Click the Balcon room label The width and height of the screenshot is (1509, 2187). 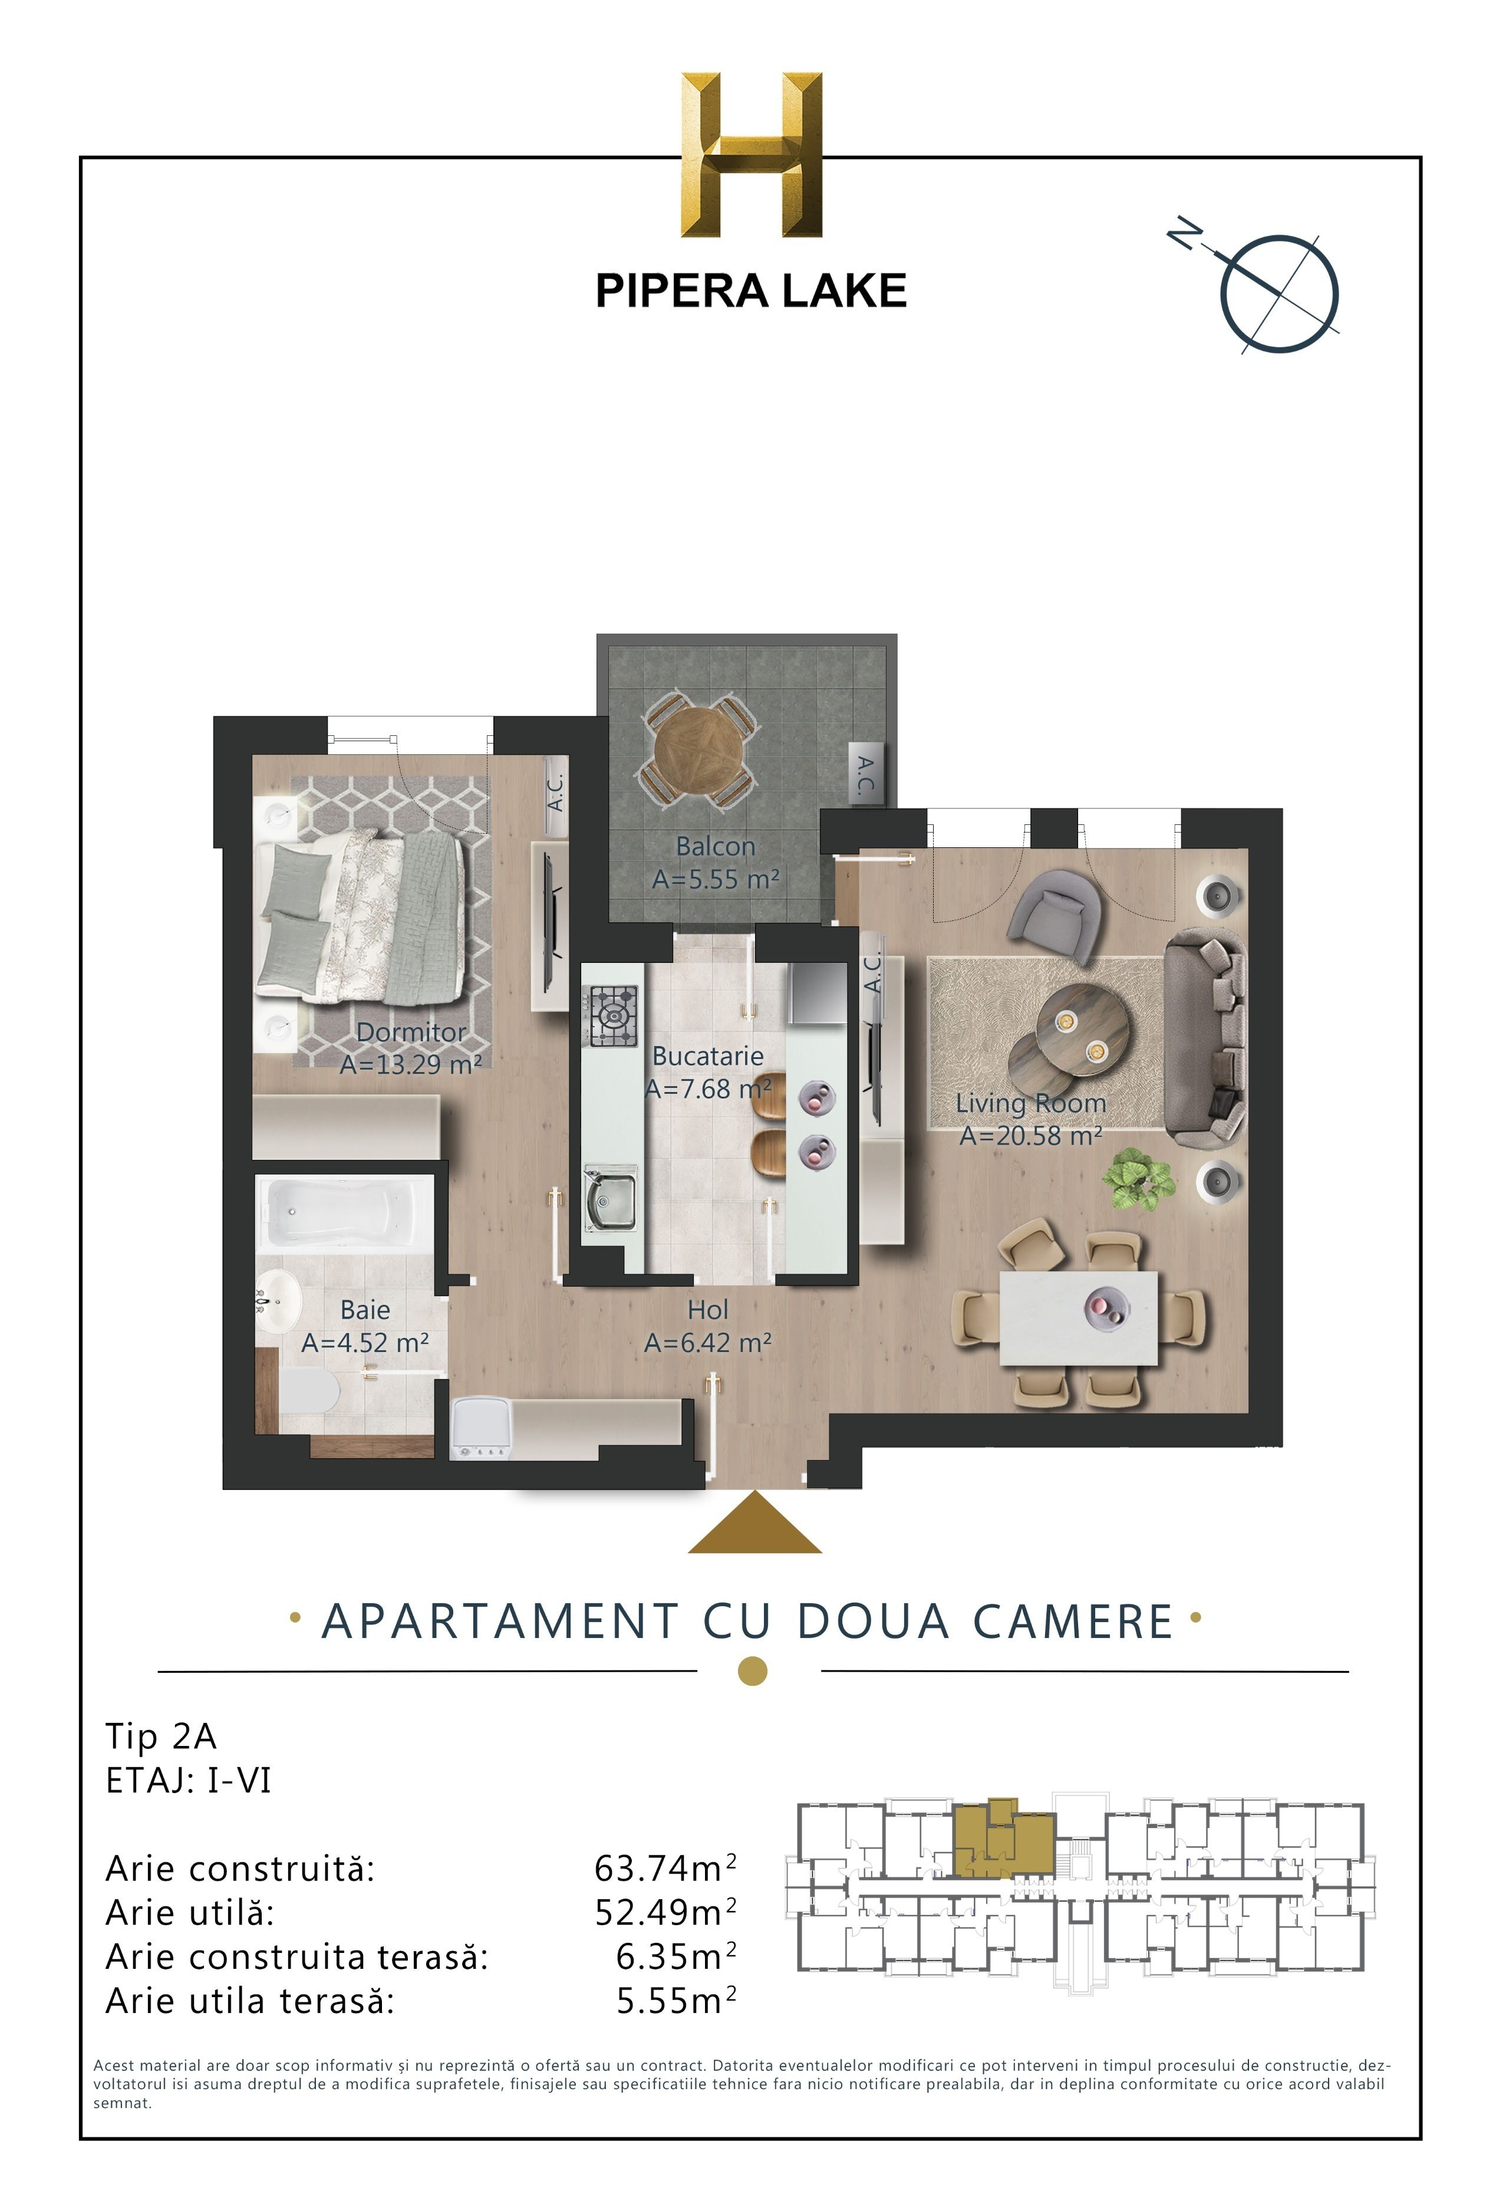(x=715, y=846)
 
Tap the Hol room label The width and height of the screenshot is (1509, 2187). (x=707, y=1310)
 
